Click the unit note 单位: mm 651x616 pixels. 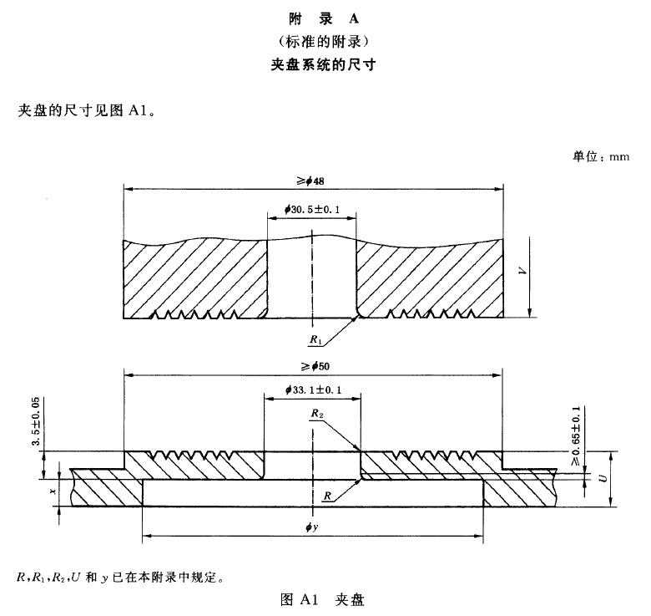pyautogui.click(x=600, y=156)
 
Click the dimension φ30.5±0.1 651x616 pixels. pyautogui.click(x=311, y=210)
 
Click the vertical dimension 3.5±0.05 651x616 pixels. pyautogui.click(x=36, y=423)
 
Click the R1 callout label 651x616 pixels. pyautogui.click(x=315, y=340)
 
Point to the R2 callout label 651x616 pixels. pyautogui.click(x=315, y=413)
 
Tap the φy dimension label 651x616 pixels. pyautogui.click(x=312, y=527)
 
